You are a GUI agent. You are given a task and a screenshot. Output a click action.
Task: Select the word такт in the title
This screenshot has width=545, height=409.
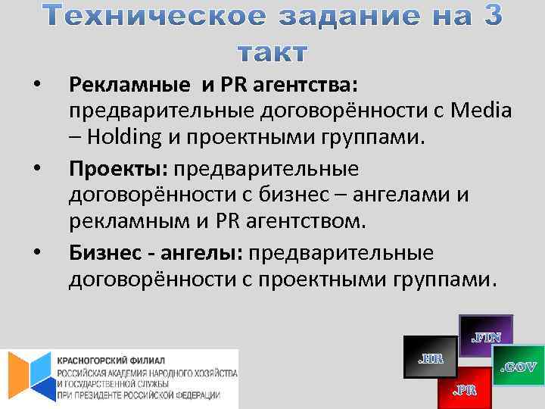(272, 52)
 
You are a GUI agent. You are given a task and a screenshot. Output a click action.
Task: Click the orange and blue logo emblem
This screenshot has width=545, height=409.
(29, 376)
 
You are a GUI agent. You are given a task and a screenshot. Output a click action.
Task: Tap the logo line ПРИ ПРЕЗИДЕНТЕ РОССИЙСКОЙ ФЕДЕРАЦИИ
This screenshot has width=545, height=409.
(139, 395)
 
